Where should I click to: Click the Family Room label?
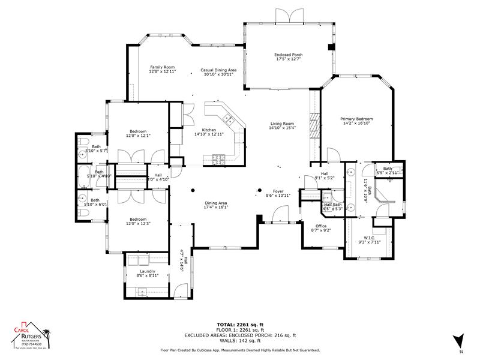pos(161,67)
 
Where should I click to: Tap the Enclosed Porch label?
pos(288,55)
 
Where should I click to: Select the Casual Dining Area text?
pos(218,70)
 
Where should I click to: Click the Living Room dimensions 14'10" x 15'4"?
pos(282,128)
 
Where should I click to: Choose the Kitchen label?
pos(209,130)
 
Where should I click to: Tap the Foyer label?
pos(278,191)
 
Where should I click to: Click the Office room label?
pos(321,226)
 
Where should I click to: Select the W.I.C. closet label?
pos(369,238)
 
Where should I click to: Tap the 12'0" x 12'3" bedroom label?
pos(139,223)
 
